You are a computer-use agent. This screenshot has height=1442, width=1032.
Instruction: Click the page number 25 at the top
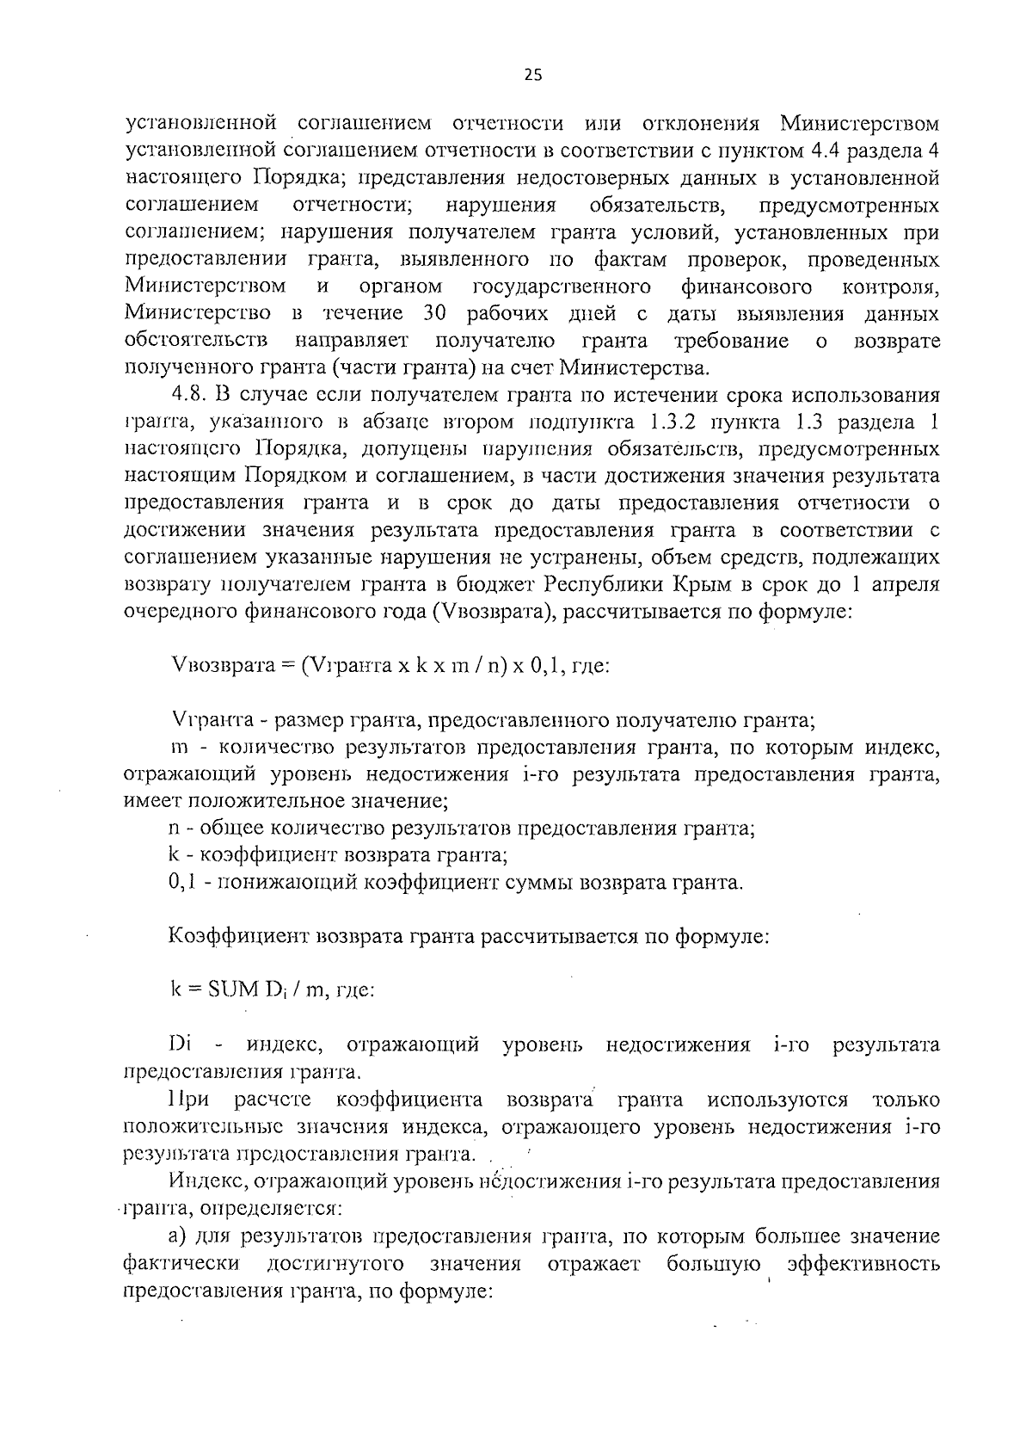pyautogui.click(x=533, y=76)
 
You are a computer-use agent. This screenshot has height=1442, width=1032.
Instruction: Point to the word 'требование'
pyautogui.click(x=732, y=341)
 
